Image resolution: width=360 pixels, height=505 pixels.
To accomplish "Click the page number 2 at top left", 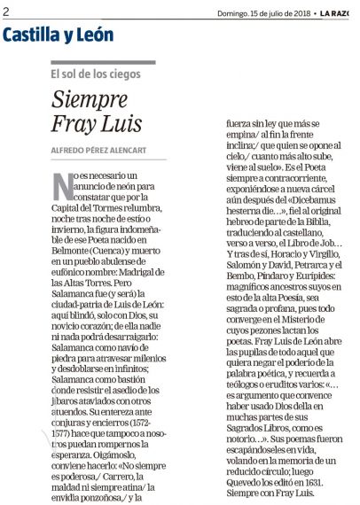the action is tap(5, 12).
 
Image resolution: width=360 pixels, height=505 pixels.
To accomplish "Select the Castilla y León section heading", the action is tap(59, 35).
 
